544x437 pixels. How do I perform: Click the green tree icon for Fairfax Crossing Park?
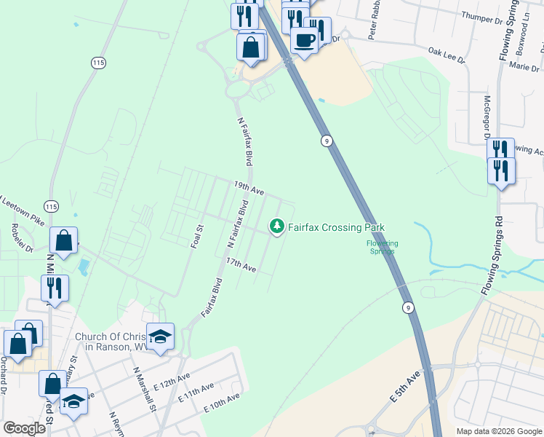coord(276,227)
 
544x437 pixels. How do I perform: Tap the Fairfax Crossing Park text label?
coord(336,227)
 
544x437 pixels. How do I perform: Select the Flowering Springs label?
coord(382,247)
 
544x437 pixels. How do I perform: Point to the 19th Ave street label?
coord(248,188)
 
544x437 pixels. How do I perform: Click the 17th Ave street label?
coord(241,265)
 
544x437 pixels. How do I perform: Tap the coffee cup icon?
coord(304,39)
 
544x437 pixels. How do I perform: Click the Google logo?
coord(24,428)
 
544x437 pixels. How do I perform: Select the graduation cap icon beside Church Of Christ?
coord(160,336)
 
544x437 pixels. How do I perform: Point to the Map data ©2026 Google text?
coord(499,431)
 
